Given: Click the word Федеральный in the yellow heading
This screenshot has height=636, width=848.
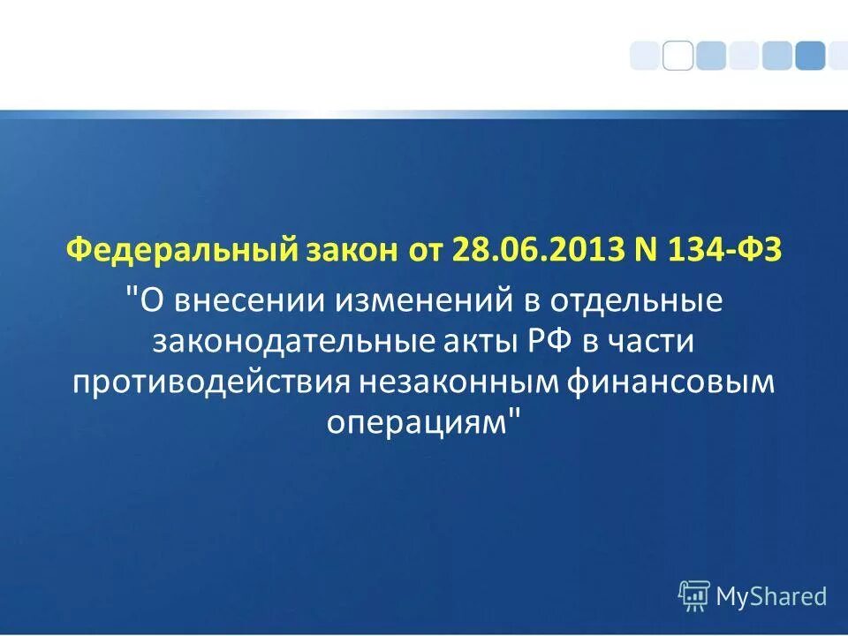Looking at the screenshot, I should pyautogui.click(x=180, y=250).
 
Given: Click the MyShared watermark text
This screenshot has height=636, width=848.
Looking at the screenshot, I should pyautogui.click(x=771, y=596).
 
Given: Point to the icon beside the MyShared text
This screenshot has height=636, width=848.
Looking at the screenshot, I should pyautogui.click(x=693, y=596).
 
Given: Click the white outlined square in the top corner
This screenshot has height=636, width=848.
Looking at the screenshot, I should pyautogui.click(x=678, y=55).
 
